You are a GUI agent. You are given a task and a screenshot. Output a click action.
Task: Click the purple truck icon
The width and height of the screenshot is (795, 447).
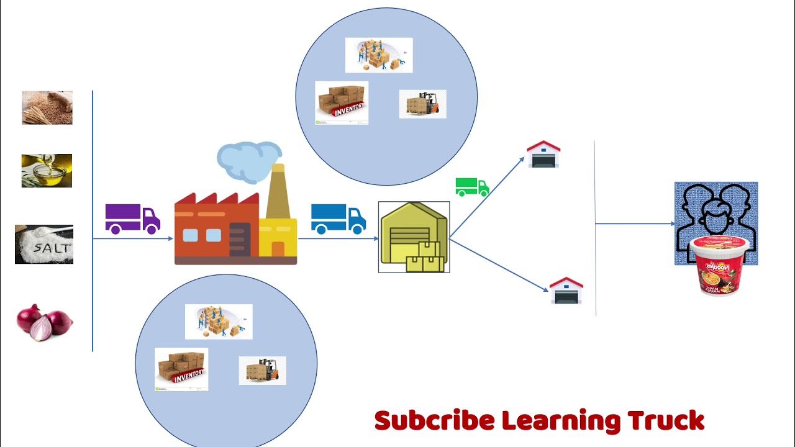pyautogui.click(x=132, y=219)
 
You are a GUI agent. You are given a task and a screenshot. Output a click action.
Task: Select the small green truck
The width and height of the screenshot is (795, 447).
pyautogui.click(x=472, y=187)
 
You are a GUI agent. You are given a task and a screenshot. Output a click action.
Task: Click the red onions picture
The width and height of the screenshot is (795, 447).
pyautogui.click(x=44, y=322)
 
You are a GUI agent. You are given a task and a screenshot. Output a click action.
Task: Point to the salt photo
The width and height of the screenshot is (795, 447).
pyautogui.click(x=44, y=245)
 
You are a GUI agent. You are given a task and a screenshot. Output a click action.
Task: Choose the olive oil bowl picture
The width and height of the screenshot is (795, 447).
pyautogui.click(x=47, y=171)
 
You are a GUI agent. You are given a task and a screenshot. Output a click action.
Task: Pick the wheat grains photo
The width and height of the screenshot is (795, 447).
pyautogui.click(x=47, y=107)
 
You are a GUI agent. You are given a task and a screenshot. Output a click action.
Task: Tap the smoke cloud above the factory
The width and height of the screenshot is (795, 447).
pyautogui.click(x=248, y=160)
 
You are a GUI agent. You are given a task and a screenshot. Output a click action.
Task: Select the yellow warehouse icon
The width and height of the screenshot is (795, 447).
pyautogui.click(x=414, y=237)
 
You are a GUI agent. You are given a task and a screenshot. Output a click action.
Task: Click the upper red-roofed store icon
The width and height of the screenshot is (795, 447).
pyautogui.click(x=543, y=154)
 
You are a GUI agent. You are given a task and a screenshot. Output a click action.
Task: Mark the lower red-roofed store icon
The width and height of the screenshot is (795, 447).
pyautogui.click(x=566, y=290)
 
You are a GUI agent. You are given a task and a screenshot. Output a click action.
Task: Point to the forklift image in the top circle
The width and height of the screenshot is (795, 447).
pyautogui.click(x=422, y=104)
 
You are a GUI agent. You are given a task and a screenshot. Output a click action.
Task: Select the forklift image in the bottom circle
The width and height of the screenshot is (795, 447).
pyautogui.click(x=262, y=370)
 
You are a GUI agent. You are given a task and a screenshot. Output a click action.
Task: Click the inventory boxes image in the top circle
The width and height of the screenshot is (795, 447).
pyautogui.click(x=341, y=102)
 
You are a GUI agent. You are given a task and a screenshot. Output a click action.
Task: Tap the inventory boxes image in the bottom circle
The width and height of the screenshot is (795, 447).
pyautogui.click(x=181, y=369)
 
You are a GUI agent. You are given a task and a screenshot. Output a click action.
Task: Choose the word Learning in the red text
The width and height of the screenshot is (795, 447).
pyautogui.click(x=560, y=422)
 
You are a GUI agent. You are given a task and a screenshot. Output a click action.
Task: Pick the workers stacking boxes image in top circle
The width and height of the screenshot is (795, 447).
pyautogui.click(x=379, y=55)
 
